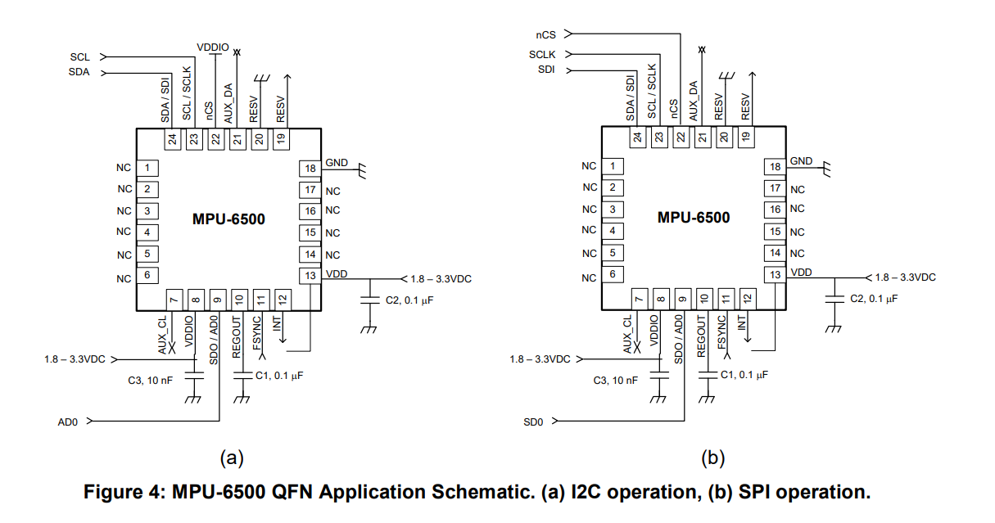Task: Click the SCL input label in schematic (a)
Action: [x=79, y=57]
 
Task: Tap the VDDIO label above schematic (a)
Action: [x=213, y=48]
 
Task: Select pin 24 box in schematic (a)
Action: [x=172, y=139]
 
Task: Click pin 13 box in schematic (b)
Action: [x=775, y=275]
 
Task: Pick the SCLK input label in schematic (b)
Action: [x=542, y=55]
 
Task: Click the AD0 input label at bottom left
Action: [x=66, y=422]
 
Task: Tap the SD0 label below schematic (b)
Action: [x=533, y=422]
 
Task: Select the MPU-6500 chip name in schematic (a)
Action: [x=228, y=219]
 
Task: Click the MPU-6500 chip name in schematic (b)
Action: [x=694, y=218]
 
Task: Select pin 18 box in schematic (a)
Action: [x=310, y=169]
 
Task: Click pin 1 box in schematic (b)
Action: [x=612, y=166]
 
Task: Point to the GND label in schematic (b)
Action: [x=802, y=161]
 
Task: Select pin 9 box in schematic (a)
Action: [x=218, y=300]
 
